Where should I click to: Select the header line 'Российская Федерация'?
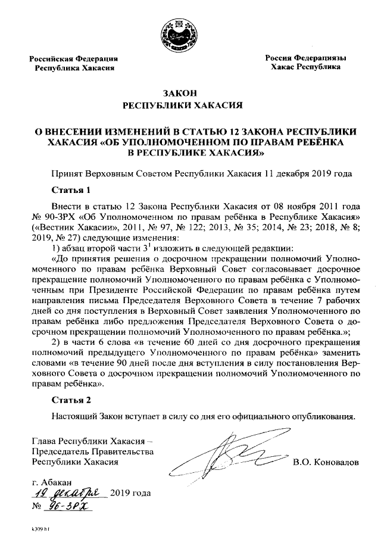click(74, 58)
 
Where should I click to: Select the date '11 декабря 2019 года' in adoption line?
click(310, 174)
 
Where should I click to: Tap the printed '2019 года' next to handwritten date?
click(130, 493)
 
